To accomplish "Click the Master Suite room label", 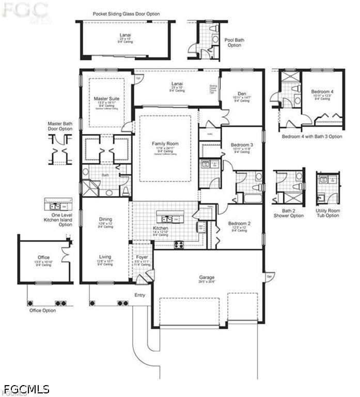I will (x=107, y=98).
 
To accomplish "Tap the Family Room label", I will (x=165, y=143).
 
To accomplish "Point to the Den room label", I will (x=242, y=94).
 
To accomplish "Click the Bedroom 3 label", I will (x=241, y=144).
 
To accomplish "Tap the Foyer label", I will (x=142, y=257).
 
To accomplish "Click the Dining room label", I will (x=105, y=219).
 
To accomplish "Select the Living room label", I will (x=105, y=256).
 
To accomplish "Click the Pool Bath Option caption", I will (x=233, y=42).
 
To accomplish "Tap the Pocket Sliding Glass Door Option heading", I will (x=126, y=14).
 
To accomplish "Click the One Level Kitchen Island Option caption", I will (x=58, y=219).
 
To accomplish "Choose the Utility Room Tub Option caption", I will (x=327, y=213).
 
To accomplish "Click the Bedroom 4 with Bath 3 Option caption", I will (x=311, y=136).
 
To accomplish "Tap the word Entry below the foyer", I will (x=139, y=295).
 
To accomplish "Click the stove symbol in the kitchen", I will (x=179, y=245).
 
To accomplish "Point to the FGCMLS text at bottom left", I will (x=26, y=388).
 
